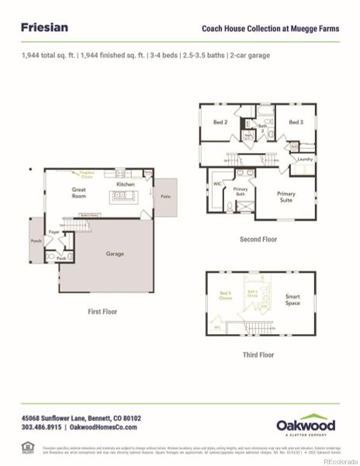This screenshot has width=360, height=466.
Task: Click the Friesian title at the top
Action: [x=44, y=27]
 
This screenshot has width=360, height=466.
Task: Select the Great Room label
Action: [x=80, y=192]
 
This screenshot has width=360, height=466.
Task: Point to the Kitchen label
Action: [x=126, y=184]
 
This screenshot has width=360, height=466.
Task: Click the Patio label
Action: [x=165, y=196]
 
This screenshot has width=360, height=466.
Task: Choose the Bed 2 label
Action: [x=220, y=122]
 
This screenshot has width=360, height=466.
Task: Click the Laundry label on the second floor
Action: [x=305, y=159]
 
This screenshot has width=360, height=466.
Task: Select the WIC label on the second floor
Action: [x=218, y=183]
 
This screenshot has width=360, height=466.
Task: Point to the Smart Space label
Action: [x=292, y=299]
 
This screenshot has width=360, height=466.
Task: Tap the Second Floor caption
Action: [x=258, y=239]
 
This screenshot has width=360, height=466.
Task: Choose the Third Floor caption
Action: [x=258, y=354]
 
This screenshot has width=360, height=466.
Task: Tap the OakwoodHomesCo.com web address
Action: [x=103, y=427]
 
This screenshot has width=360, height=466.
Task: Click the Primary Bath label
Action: [x=241, y=191]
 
